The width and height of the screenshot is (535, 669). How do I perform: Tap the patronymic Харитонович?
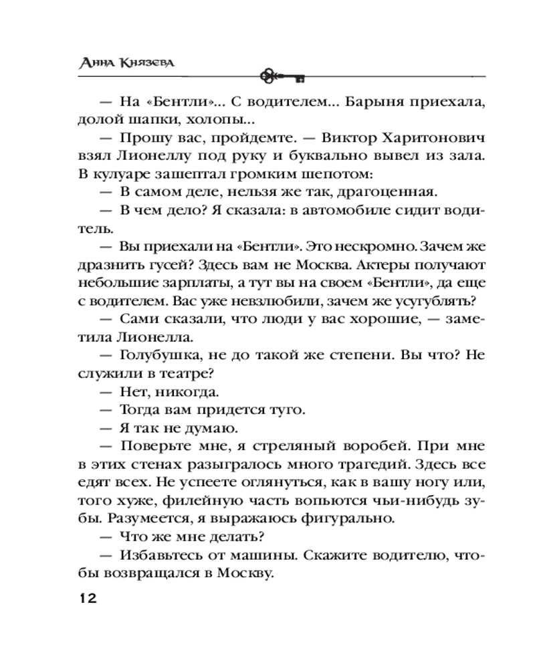(x=428, y=139)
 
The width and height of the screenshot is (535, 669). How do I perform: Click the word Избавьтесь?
(x=163, y=555)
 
